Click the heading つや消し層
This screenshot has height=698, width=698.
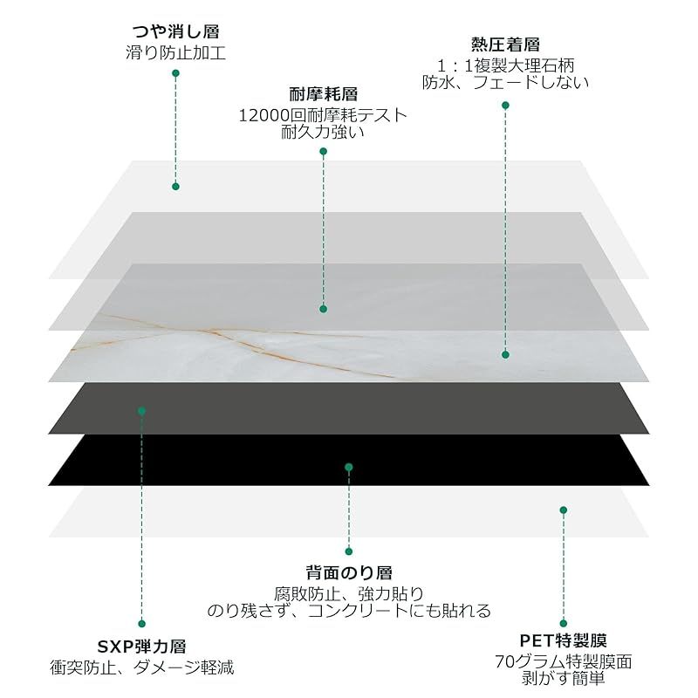pyautogui.click(x=176, y=31)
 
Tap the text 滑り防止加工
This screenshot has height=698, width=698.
pyautogui.click(x=176, y=52)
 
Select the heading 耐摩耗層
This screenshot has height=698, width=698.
pyautogui.click(x=324, y=94)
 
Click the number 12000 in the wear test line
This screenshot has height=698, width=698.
pyautogui.click(x=264, y=116)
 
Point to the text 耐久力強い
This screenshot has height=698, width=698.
pyautogui.click(x=323, y=132)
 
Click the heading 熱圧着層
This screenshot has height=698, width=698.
pyautogui.click(x=505, y=44)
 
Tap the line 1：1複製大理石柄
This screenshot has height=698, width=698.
pyautogui.click(x=505, y=66)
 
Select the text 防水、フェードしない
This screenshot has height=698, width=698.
pyautogui.click(x=505, y=82)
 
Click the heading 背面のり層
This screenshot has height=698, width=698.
pyautogui.click(x=349, y=572)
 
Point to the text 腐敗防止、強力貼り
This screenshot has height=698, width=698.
pyautogui.click(x=349, y=593)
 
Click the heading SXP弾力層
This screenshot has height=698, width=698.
pyautogui.click(x=141, y=647)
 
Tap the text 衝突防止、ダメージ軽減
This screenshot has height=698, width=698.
pyautogui.click(x=141, y=667)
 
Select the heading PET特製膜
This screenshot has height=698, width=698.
pyautogui.click(x=563, y=640)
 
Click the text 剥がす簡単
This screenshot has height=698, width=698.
pyautogui.click(x=563, y=679)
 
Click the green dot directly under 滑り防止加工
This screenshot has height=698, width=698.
pyautogui.click(x=176, y=73)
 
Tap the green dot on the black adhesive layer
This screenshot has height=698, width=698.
pyautogui.click(x=349, y=467)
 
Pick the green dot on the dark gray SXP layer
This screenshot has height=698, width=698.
pyautogui.click(x=141, y=411)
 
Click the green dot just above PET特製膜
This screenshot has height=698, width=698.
pyautogui.click(x=563, y=623)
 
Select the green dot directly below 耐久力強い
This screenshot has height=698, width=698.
pyautogui.click(x=324, y=151)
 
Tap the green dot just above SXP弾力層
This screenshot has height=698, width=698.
pyautogui.click(x=141, y=624)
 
